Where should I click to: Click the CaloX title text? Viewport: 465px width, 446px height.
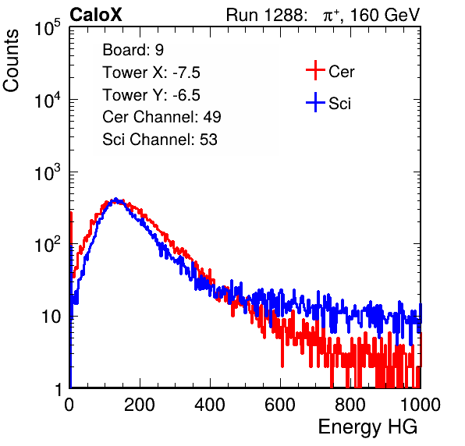pos(96,15)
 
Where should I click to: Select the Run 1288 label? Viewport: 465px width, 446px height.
pos(266,15)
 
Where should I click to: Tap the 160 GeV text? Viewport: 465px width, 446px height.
pos(385,15)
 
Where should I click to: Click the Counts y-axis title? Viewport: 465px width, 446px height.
pos(11,61)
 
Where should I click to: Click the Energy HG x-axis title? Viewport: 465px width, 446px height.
pos(367,427)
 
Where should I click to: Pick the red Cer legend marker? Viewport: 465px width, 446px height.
pos(315,70)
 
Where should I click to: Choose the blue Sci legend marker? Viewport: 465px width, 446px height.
pos(315,103)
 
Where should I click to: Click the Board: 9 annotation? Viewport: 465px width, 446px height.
pos(133,50)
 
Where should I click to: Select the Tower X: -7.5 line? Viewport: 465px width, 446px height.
pos(151,73)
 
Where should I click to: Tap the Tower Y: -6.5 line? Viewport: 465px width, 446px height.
pos(151,95)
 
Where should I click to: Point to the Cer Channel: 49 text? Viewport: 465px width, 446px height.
pos(162,117)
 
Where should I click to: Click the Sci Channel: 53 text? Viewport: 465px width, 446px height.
pos(160,139)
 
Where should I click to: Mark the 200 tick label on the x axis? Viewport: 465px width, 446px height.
pos(140,405)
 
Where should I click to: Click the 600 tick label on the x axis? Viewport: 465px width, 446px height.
pos(280,405)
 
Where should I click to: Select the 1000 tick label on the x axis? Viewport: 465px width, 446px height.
pos(421,405)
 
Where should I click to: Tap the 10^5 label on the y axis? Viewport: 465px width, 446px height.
pos(48,28)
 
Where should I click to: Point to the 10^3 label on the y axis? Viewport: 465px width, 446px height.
pos(48,172)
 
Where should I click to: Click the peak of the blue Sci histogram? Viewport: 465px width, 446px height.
pos(116,199)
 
